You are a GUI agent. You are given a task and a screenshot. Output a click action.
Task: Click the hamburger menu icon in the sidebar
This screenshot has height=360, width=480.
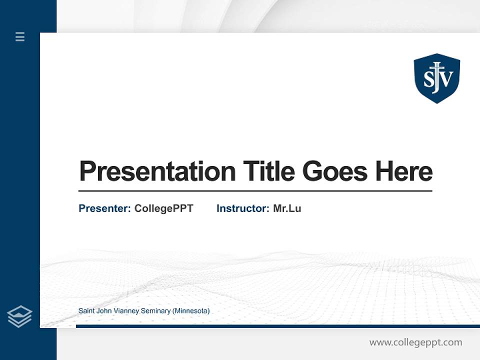click(20, 36)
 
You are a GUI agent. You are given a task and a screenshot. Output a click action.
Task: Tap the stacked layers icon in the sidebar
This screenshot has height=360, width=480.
click(19, 316)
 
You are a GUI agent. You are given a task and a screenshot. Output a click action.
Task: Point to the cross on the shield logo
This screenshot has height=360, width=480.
click(437, 70)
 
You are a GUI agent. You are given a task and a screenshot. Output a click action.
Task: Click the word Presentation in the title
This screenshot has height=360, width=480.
click(157, 171)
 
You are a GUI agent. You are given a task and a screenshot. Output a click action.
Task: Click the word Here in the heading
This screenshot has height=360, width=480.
click(403, 171)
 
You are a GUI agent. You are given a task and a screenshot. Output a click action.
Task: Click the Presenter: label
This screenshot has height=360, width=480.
click(105, 208)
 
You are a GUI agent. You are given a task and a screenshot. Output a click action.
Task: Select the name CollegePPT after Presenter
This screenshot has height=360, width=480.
click(163, 208)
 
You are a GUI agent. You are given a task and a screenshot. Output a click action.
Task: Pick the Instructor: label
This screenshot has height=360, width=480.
click(243, 208)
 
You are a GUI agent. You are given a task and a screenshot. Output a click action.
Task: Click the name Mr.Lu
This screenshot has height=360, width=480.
click(287, 208)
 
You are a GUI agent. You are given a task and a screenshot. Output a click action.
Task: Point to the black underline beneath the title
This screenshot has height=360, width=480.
click(255, 191)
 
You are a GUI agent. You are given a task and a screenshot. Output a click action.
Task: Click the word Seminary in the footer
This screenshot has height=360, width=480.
click(155, 311)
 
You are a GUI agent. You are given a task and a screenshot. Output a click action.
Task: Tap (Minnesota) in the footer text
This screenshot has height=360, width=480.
click(191, 311)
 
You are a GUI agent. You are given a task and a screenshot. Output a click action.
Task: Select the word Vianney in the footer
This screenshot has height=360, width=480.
click(126, 311)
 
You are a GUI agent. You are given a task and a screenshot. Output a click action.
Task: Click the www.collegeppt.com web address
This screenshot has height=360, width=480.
click(415, 342)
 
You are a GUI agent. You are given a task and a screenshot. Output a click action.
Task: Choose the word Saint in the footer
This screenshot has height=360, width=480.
click(86, 311)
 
